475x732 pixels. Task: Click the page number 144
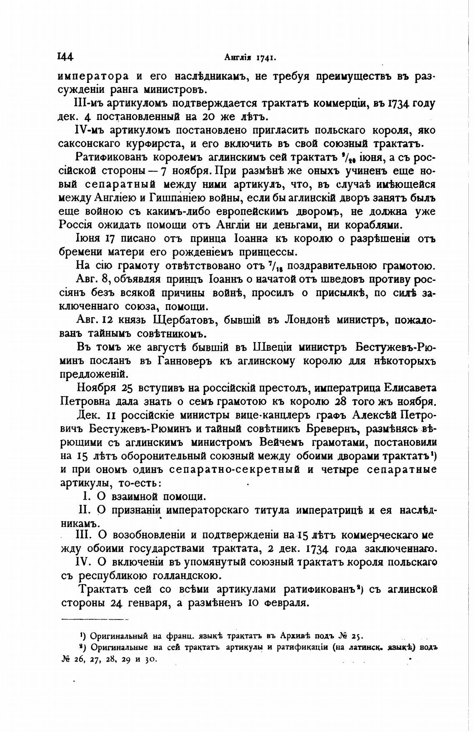[x=65, y=57]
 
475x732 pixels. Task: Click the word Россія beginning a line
[x=75, y=225]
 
